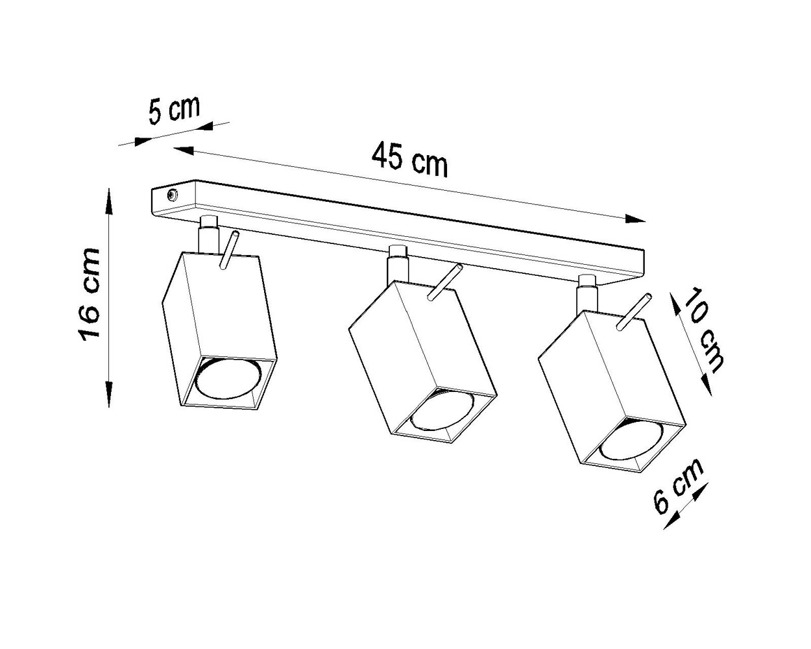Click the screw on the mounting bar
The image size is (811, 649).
172,194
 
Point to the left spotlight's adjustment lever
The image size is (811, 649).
229,250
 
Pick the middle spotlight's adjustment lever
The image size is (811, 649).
445,282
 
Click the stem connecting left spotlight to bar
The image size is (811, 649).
208,237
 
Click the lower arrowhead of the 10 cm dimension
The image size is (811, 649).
708,384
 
